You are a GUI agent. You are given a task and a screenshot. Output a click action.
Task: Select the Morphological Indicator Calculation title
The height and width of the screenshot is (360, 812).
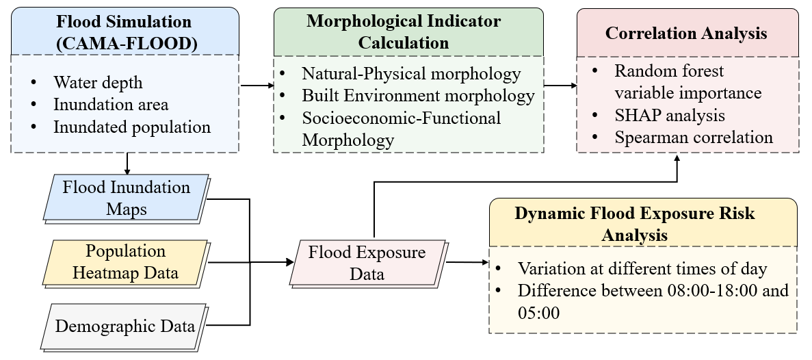click(404, 31)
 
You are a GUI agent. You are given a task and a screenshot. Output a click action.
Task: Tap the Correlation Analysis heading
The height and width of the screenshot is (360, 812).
click(686, 33)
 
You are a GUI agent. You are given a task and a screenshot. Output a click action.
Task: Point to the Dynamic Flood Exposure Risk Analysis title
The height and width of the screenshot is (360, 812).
click(634, 224)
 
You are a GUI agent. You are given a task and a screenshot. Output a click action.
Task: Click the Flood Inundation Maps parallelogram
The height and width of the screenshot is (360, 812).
click(126, 198)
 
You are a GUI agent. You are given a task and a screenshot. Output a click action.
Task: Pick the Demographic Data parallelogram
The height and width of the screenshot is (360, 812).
click(125, 327)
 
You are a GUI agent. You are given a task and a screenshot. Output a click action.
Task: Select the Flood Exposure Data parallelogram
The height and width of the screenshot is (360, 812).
click(367, 263)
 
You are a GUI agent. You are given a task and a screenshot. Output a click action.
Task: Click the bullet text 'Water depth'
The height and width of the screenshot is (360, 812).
click(98, 82)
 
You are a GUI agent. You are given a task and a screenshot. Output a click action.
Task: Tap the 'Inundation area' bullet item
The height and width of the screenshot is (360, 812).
click(111, 104)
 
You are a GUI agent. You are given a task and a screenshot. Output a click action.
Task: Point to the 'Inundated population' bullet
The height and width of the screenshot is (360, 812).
click(132, 127)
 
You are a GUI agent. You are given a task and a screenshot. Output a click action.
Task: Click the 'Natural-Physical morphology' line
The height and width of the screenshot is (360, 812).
click(411, 73)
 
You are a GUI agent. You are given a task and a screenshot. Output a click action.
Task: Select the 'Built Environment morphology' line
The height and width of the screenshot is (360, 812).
click(419, 96)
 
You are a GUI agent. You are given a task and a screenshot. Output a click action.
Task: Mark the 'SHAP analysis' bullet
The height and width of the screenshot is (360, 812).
click(670, 115)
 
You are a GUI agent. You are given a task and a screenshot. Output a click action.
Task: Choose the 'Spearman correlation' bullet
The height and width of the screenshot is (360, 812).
click(694, 138)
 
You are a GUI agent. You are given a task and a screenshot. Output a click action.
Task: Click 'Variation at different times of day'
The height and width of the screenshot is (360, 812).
click(642, 268)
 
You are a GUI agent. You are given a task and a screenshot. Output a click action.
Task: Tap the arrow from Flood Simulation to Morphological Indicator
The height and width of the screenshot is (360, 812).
click(257, 86)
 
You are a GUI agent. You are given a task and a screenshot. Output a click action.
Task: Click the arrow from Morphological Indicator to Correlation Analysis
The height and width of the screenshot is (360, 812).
click(561, 86)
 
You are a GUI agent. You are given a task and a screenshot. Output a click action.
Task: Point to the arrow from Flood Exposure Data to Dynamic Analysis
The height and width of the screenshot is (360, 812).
click(468, 263)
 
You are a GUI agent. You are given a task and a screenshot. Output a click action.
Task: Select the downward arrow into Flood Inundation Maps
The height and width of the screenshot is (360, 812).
click(127, 164)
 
